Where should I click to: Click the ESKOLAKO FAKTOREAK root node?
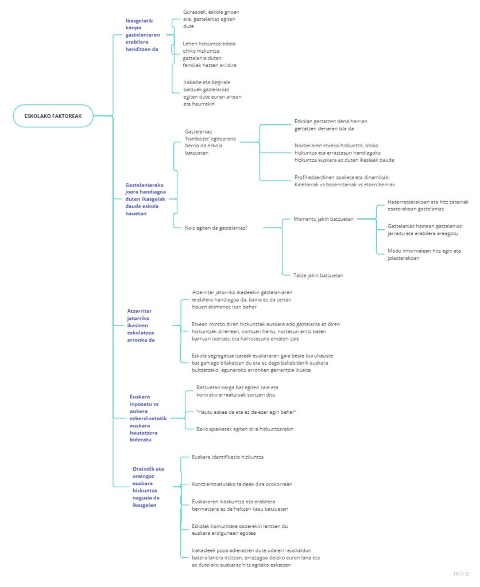click(53, 116)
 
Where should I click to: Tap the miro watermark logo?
click(461, 573)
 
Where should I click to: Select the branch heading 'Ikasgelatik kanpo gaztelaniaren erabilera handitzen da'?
click(142, 35)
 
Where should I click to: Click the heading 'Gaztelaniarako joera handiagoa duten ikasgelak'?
click(145, 199)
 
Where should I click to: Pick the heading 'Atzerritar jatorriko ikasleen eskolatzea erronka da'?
click(141, 326)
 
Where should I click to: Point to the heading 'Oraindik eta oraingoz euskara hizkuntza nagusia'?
click(148, 487)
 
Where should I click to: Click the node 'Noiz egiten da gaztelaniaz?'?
click(216, 228)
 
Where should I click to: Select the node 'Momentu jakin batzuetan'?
click(323, 219)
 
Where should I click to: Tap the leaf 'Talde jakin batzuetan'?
click(318, 276)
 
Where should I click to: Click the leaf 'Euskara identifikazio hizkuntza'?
click(227, 457)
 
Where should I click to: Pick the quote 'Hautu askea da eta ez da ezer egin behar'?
click(246, 412)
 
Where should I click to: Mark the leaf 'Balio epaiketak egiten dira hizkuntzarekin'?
click(245, 429)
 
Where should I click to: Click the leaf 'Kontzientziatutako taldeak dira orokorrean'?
click(242, 484)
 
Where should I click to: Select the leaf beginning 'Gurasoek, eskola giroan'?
click(211, 19)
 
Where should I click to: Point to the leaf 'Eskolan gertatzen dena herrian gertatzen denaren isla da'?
click(331, 125)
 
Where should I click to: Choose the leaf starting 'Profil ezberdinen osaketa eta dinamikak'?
click(344, 181)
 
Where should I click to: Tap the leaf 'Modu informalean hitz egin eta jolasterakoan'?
click(424, 254)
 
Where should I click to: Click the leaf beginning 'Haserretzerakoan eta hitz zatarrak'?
click(428, 205)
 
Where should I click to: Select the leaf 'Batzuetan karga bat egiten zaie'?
click(237, 391)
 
